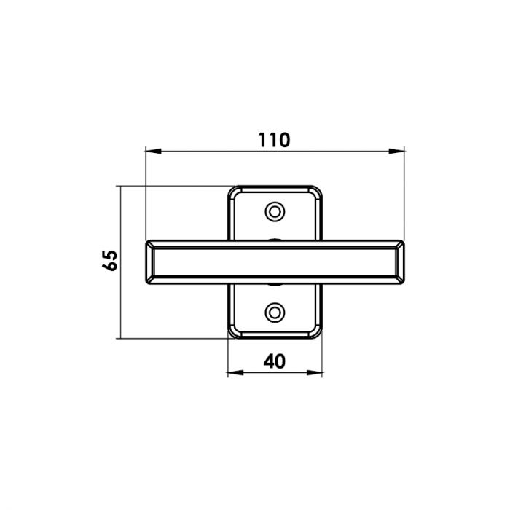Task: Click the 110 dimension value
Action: point(274,140)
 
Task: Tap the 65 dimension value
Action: point(109,261)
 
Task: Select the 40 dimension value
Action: point(275,361)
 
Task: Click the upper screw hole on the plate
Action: point(275,212)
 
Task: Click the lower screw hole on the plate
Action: point(275,313)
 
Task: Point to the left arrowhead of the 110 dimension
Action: point(154,152)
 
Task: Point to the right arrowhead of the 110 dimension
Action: point(396,152)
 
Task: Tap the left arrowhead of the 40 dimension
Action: point(235,373)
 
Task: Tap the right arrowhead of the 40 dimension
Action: point(314,373)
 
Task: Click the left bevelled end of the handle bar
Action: point(149,262)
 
